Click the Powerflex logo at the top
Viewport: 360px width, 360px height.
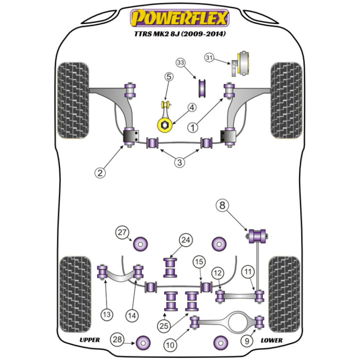(x=180, y=18)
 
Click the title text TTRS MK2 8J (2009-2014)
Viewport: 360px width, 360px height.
(x=180, y=35)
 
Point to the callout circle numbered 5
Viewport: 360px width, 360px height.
(x=170, y=76)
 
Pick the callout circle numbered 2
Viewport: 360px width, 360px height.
(x=100, y=173)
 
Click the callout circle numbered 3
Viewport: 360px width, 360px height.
(x=180, y=163)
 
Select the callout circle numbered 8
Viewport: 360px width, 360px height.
(x=222, y=206)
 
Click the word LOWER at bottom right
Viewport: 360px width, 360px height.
(x=272, y=340)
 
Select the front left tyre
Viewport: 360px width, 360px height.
(x=73, y=100)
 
